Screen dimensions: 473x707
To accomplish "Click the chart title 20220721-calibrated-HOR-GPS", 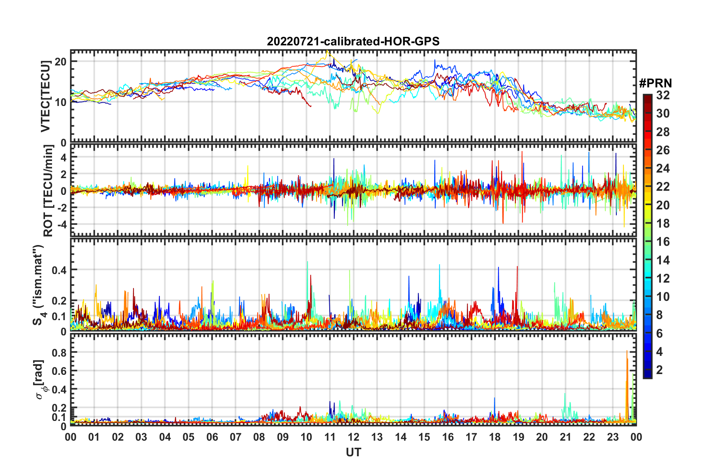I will [x=353, y=41].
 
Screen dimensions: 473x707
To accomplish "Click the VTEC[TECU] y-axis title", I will [x=45, y=96].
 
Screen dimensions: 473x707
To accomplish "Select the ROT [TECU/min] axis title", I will [x=48, y=190].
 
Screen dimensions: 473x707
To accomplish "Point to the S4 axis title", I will [x=38, y=284].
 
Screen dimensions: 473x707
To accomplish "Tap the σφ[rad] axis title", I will [x=40, y=379].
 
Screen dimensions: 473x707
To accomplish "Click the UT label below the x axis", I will [x=353, y=452].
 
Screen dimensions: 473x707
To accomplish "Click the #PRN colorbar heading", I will [x=655, y=83].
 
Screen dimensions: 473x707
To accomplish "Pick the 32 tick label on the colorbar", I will [x=662, y=95].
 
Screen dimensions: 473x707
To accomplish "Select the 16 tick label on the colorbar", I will [x=662, y=242].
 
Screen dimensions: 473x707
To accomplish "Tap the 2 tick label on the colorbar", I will [x=659, y=370].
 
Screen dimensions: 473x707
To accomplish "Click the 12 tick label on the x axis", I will [x=353, y=437].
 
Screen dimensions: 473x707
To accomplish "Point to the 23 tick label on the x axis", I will [x=613, y=437].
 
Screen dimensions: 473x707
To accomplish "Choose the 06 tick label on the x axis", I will [x=212, y=437].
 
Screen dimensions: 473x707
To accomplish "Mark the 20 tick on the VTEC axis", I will [x=61, y=61].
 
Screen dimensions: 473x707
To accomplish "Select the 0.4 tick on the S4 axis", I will [x=59, y=270].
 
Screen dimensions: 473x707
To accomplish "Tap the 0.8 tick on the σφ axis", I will [x=59, y=353].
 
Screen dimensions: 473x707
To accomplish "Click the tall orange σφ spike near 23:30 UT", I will [x=627, y=351].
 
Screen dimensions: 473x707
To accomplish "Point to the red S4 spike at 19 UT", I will [x=517, y=267].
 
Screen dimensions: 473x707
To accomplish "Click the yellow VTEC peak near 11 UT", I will [x=327, y=51].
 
